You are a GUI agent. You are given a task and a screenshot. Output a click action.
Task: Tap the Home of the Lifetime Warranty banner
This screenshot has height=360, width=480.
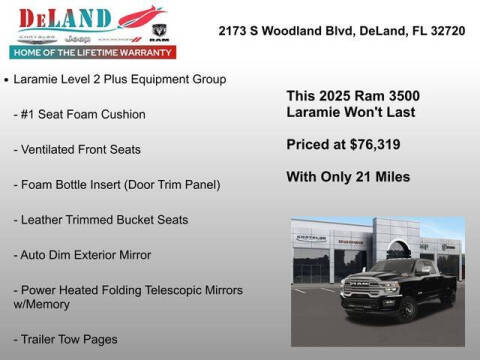[x=91, y=51]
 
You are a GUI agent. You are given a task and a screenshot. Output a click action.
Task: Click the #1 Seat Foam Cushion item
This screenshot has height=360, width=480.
[x=85, y=114]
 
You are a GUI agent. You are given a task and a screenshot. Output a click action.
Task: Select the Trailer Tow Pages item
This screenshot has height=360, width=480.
[x=71, y=339]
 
